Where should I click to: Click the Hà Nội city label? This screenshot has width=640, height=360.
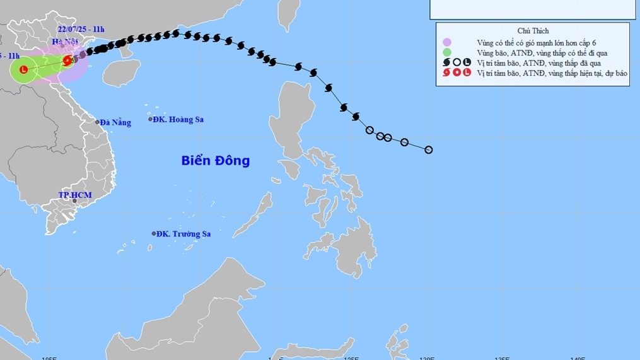coord(64,42)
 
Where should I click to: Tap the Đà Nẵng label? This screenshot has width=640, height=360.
coord(115,122)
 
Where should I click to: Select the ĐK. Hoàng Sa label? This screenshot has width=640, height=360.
coord(180,119)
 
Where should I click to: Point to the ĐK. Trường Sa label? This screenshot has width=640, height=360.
coord(183,234)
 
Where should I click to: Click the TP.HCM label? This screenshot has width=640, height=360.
coord(75,195)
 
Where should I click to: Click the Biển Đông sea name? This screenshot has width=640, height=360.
coord(215,161)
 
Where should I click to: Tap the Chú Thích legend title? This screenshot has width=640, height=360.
coord(533,31)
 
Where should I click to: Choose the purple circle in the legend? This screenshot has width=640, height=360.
coord(447,42)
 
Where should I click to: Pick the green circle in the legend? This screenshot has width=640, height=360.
coord(447,52)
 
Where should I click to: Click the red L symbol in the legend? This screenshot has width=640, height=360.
coord(466,73)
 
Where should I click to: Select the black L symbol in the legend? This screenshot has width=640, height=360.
coord(466,62)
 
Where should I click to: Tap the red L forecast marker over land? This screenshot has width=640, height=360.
coord(24,70)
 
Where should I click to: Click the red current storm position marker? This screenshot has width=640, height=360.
coord(67,61)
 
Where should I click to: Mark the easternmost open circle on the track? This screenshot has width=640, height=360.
coord(429,150)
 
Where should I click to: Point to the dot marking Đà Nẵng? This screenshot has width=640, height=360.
coord(97,122)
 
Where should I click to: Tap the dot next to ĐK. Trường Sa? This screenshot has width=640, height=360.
coord(153,233)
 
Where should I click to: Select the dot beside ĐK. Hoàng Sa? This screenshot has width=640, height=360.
coord(150,119)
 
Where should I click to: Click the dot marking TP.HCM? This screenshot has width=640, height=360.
coord(74,201)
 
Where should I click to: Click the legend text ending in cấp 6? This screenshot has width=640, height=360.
coord(537,42)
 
